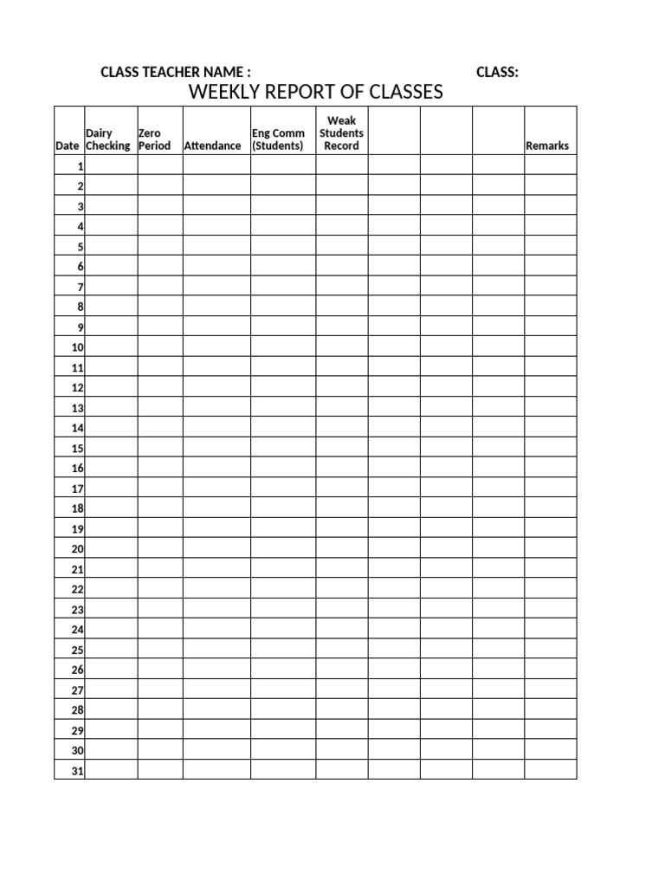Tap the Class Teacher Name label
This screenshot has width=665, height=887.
click(x=176, y=72)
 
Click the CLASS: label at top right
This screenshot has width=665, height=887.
click(x=497, y=72)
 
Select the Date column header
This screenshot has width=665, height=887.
click(x=67, y=146)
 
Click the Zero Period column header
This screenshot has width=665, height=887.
click(x=155, y=139)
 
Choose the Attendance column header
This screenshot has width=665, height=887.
click(x=212, y=146)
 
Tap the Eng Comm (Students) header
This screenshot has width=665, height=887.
click(x=278, y=139)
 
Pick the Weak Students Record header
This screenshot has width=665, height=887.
click(x=341, y=133)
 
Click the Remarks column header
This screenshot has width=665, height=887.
click(x=547, y=146)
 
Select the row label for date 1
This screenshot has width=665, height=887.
click(x=80, y=165)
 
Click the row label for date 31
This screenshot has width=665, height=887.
click(x=77, y=770)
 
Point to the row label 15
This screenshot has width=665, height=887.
click(x=77, y=448)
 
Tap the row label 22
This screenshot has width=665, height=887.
click(x=77, y=589)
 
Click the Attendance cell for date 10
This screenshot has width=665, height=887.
click(x=216, y=346)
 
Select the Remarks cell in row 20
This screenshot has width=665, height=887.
click(x=550, y=548)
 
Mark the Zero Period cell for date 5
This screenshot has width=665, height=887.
click(x=160, y=246)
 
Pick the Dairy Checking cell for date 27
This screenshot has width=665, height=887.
click(x=112, y=690)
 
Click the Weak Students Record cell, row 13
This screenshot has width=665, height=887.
click(x=342, y=407)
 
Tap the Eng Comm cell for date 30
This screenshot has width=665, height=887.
click(x=283, y=750)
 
